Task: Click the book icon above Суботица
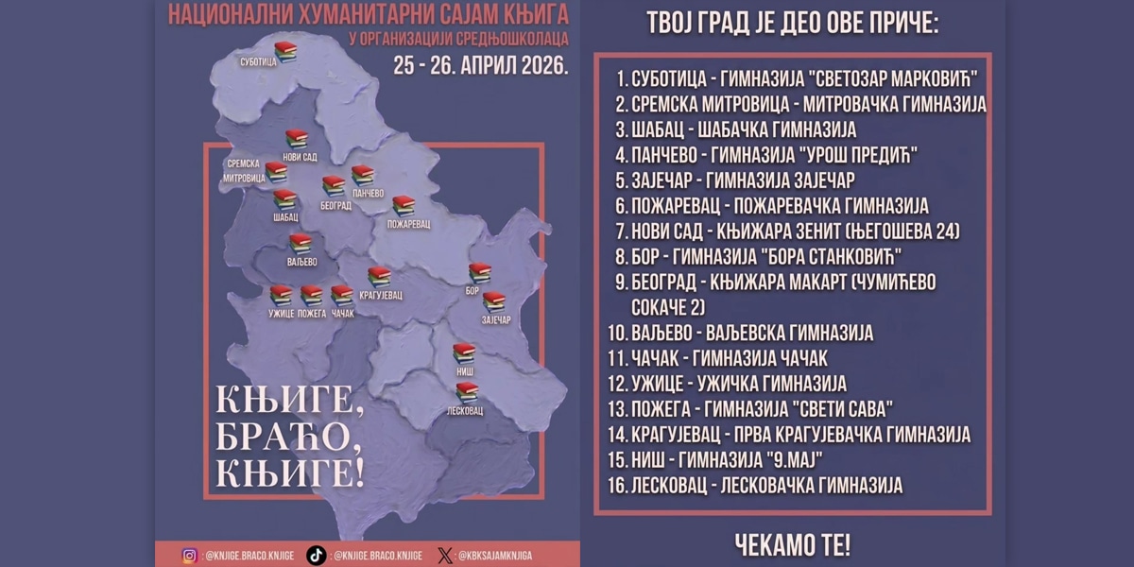[x=285, y=51]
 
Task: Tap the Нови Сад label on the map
[x=299, y=157]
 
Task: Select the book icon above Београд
[x=334, y=185]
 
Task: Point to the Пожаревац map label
[x=408, y=225]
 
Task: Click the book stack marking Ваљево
[x=301, y=243]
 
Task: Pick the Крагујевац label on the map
[x=380, y=295]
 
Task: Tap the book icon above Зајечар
[x=494, y=301]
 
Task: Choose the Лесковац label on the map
[x=465, y=411]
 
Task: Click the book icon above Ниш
[x=463, y=353]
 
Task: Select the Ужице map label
[x=281, y=313]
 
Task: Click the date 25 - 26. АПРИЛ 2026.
[x=481, y=66]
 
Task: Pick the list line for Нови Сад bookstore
[x=786, y=231]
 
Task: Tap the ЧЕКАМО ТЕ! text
[x=792, y=543]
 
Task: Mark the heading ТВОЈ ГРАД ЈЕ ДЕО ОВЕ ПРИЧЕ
[x=792, y=24]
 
